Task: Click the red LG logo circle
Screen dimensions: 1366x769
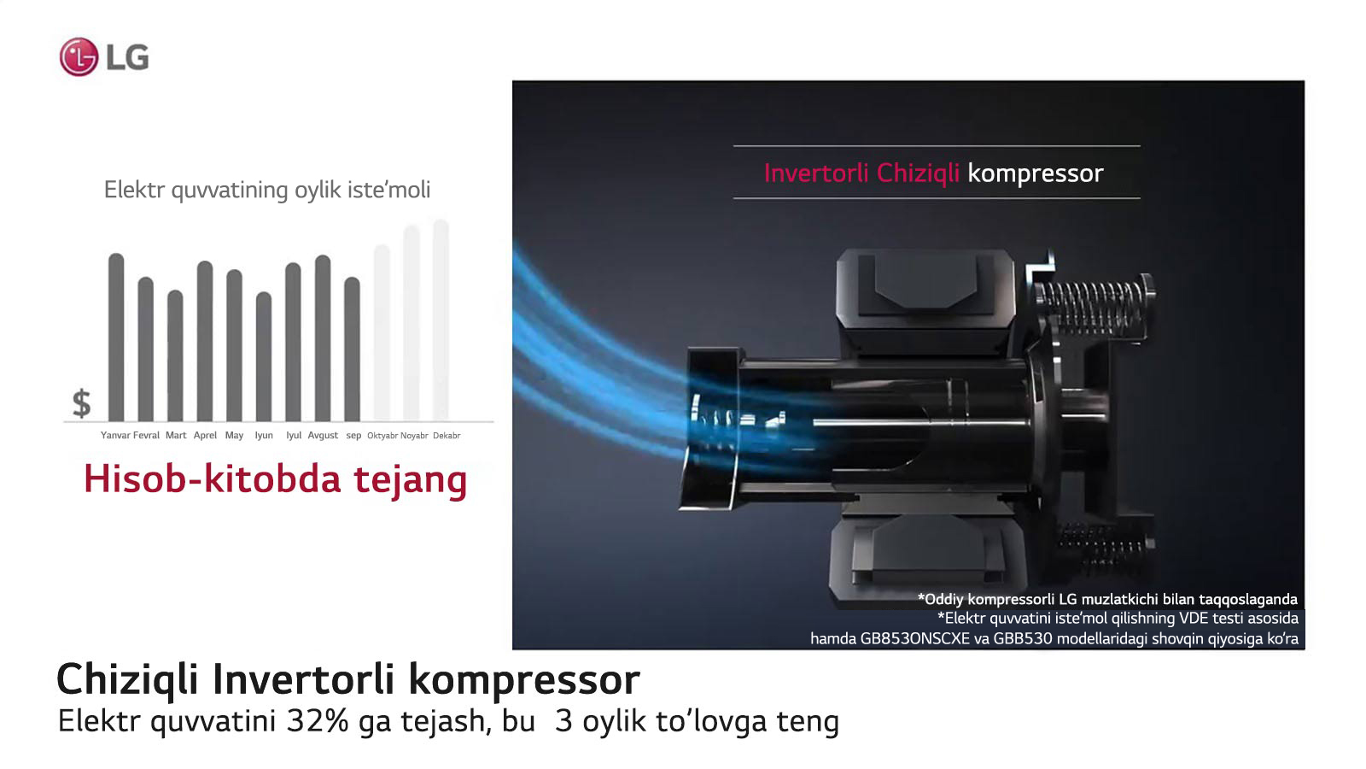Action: [x=79, y=56]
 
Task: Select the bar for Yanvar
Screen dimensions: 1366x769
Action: [x=116, y=337]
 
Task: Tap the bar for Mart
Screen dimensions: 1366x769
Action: [x=175, y=355]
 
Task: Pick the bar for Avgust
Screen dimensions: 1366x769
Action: [x=323, y=338]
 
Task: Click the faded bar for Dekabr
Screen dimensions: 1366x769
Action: [x=441, y=320]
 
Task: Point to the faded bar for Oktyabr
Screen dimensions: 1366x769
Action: [x=382, y=332]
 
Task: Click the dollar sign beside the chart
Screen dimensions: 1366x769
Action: [x=82, y=403]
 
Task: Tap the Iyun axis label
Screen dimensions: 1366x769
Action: [x=264, y=436]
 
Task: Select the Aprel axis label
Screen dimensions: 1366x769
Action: [x=205, y=435]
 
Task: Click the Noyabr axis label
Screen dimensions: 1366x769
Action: [x=414, y=436]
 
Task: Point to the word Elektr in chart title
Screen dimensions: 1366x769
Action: [x=134, y=189]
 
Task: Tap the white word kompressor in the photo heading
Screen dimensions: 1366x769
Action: [x=1036, y=174]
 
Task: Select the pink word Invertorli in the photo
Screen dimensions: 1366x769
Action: [x=816, y=173]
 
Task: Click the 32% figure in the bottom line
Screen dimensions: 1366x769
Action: [x=318, y=721]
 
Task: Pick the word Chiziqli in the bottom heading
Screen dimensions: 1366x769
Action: [x=127, y=680]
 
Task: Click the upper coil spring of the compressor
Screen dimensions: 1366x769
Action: [x=1092, y=309]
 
